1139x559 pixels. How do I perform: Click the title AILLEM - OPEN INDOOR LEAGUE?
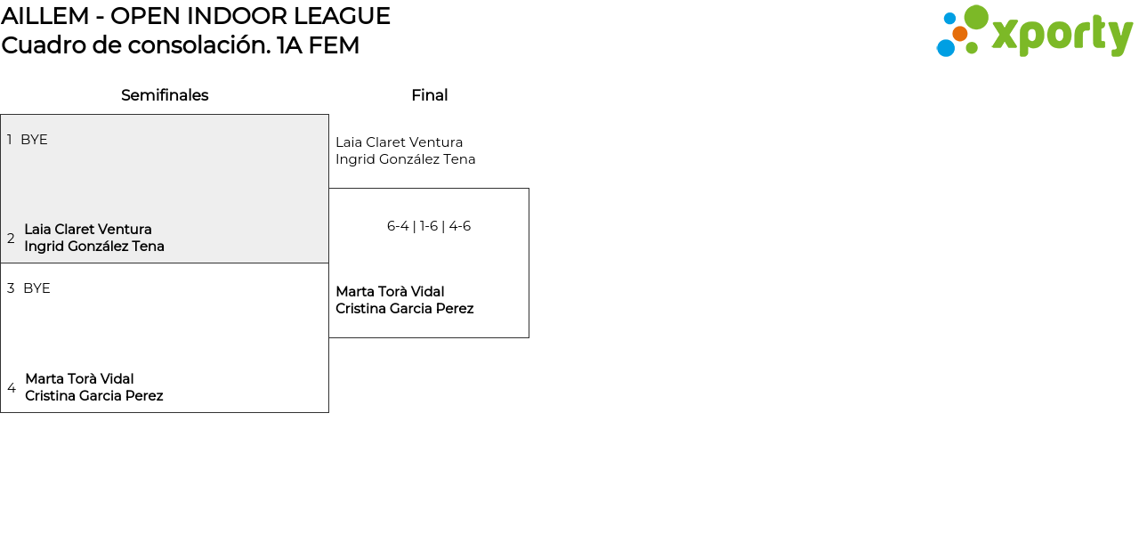(x=196, y=16)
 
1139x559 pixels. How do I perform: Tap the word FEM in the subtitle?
(x=334, y=45)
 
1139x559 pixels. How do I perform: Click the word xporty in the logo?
(x=1062, y=36)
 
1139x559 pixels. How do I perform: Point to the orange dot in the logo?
(x=959, y=34)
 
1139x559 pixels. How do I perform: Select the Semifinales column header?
(x=165, y=95)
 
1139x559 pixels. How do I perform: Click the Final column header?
(x=429, y=95)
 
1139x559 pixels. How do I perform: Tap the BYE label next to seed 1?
(x=34, y=140)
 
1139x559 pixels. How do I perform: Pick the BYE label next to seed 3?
(x=36, y=288)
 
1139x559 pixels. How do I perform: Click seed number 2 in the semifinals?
(x=11, y=239)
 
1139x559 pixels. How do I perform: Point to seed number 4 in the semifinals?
(x=12, y=388)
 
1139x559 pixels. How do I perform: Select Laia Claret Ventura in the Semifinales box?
(x=88, y=230)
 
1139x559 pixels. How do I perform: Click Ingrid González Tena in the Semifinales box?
(x=94, y=247)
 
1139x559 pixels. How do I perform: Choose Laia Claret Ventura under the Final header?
(x=399, y=142)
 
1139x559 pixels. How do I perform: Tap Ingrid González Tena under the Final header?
(x=405, y=159)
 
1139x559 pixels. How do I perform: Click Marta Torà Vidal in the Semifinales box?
(x=79, y=379)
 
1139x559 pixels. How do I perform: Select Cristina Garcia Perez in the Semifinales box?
(x=93, y=396)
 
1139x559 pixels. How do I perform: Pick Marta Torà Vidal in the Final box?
(x=390, y=292)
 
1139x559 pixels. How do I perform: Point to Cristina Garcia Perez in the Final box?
(x=404, y=309)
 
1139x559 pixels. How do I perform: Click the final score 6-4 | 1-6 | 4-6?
(x=429, y=226)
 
